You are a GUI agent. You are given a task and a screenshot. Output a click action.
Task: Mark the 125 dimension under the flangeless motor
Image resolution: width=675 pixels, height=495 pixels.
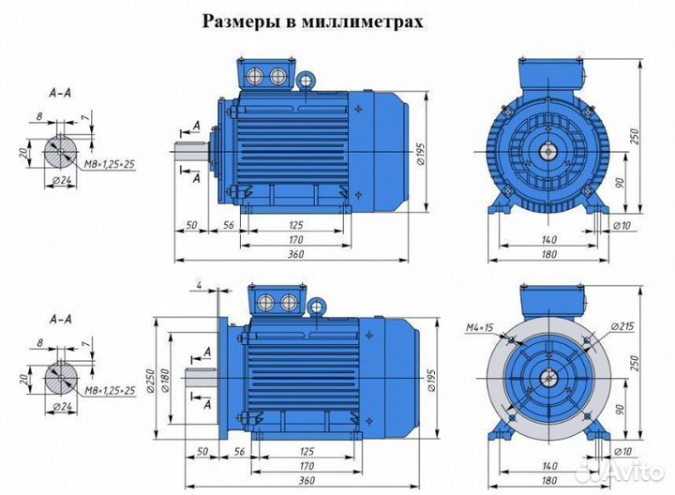point(295,226)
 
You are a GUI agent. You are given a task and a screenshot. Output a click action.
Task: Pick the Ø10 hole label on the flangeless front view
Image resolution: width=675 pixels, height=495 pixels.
point(620,226)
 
